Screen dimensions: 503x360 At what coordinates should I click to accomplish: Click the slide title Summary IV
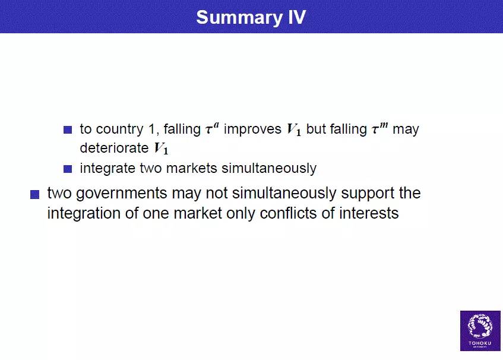[x=251, y=17]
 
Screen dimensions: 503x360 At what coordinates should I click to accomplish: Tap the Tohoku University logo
[x=480, y=330]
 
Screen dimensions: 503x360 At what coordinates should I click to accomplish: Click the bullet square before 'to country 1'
[x=68, y=130]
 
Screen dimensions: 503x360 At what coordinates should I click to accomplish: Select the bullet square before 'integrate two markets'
[x=68, y=169]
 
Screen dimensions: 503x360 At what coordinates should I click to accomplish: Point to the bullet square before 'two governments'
[x=34, y=194]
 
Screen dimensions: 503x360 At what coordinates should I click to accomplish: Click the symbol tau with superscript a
[x=212, y=129]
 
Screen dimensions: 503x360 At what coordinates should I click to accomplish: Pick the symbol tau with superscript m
[x=380, y=129]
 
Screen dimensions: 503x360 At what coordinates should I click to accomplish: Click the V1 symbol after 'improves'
[x=294, y=130]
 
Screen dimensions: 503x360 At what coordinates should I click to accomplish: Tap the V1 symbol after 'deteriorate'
[x=161, y=149]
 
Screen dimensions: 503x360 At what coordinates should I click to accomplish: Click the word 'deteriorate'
[x=114, y=149]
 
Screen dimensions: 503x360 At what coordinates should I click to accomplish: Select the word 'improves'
[x=253, y=130]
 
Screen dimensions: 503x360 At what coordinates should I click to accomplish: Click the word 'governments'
[x=122, y=194]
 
